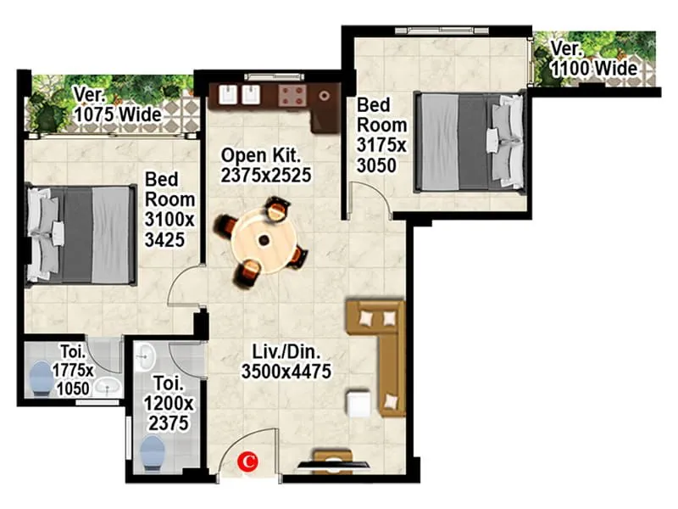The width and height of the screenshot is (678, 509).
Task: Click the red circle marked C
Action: tap(248, 461)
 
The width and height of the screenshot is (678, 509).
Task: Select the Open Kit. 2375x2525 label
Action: tap(266, 166)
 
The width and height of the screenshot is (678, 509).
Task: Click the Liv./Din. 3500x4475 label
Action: tap(285, 361)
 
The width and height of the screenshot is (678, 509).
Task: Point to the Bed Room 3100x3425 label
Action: tap(169, 210)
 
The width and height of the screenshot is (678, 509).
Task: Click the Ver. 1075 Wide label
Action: tap(113, 103)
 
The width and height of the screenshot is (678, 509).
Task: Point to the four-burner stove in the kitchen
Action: tap(292, 93)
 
